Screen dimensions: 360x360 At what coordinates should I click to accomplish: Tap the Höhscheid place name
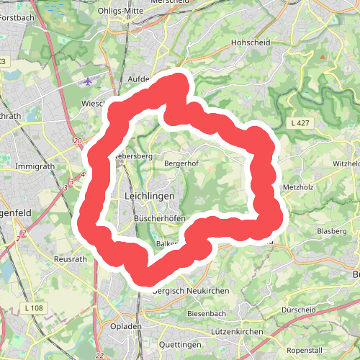pos(251,42)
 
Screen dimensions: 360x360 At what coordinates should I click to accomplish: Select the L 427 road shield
pos(301,124)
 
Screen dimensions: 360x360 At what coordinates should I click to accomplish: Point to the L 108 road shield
pos(33,308)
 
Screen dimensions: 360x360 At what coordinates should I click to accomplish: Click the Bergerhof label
pos(181,163)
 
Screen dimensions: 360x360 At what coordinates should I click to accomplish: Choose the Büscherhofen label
pos(161,219)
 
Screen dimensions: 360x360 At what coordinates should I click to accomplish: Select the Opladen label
pos(125,326)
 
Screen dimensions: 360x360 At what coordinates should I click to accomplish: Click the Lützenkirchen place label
pos(239,331)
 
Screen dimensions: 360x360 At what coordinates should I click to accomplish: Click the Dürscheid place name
pos(300,310)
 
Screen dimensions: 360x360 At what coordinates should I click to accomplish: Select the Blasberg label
pos(332,231)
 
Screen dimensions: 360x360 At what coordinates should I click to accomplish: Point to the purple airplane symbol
pos(89,81)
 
